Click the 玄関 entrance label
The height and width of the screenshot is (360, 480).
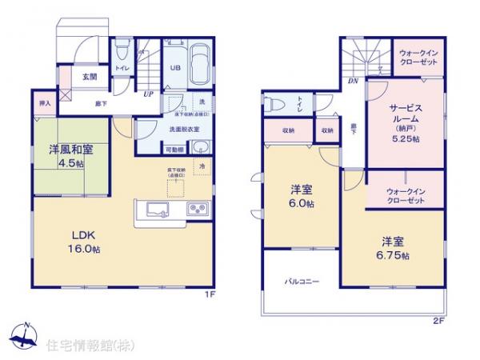(x=89, y=78)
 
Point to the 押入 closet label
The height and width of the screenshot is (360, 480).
(x=45, y=103)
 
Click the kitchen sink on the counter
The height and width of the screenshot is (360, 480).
(x=156, y=210)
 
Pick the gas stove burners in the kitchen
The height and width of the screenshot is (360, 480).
(x=198, y=210)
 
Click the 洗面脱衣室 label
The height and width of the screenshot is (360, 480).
(x=182, y=128)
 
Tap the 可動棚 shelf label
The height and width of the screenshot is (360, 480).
(x=174, y=150)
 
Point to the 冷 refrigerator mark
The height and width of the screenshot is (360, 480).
(x=202, y=166)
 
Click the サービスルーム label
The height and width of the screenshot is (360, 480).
(x=406, y=113)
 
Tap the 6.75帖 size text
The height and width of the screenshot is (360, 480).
(x=394, y=255)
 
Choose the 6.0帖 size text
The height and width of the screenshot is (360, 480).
(x=302, y=204)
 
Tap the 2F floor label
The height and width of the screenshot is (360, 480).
(x=437, y=321)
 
